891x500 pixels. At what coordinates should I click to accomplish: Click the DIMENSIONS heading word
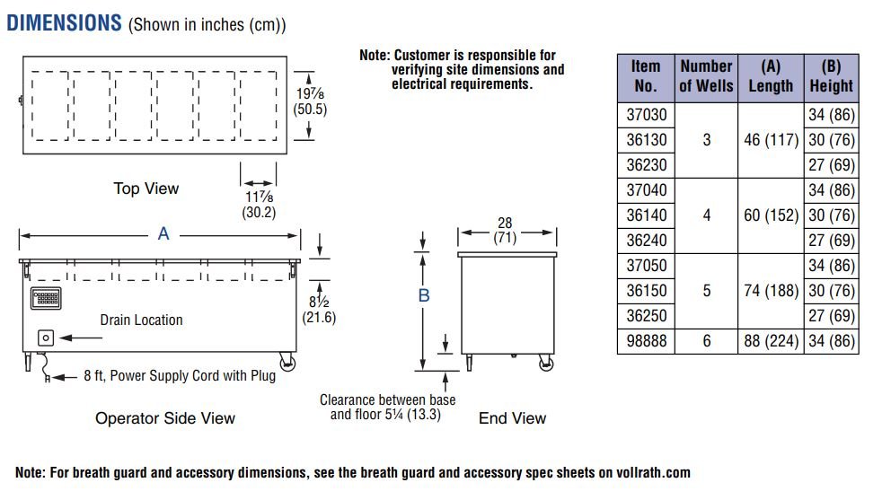click(64, 22)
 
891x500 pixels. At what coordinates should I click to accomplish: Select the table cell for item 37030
click(646, 115)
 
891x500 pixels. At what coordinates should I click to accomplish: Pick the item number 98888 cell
click(646, 341)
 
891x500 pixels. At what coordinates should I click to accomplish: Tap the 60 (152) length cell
click(769, 215)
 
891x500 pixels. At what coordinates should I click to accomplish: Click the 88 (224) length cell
click(769, 341)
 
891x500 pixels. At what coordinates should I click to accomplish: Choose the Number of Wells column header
click(706, 76)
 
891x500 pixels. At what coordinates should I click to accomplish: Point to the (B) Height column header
click(831, 76)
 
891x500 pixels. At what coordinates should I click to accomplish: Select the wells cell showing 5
click(706, 291)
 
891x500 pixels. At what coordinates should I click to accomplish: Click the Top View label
click(146, 189)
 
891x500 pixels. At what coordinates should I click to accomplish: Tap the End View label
click(512, 417)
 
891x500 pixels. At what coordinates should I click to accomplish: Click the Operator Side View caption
click(165, 418)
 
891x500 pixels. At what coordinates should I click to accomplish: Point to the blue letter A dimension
click(163, 234)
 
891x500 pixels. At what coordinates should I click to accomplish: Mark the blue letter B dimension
click(424, 295)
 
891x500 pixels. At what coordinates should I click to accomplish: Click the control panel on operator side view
click(46, 298)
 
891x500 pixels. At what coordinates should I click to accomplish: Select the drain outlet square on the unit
click(46, 338)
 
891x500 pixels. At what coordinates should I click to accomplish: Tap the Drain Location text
click(141, 320)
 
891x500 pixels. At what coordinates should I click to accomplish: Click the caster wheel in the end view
click(545, 362)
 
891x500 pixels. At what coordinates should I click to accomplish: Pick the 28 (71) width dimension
click(506, 231)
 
